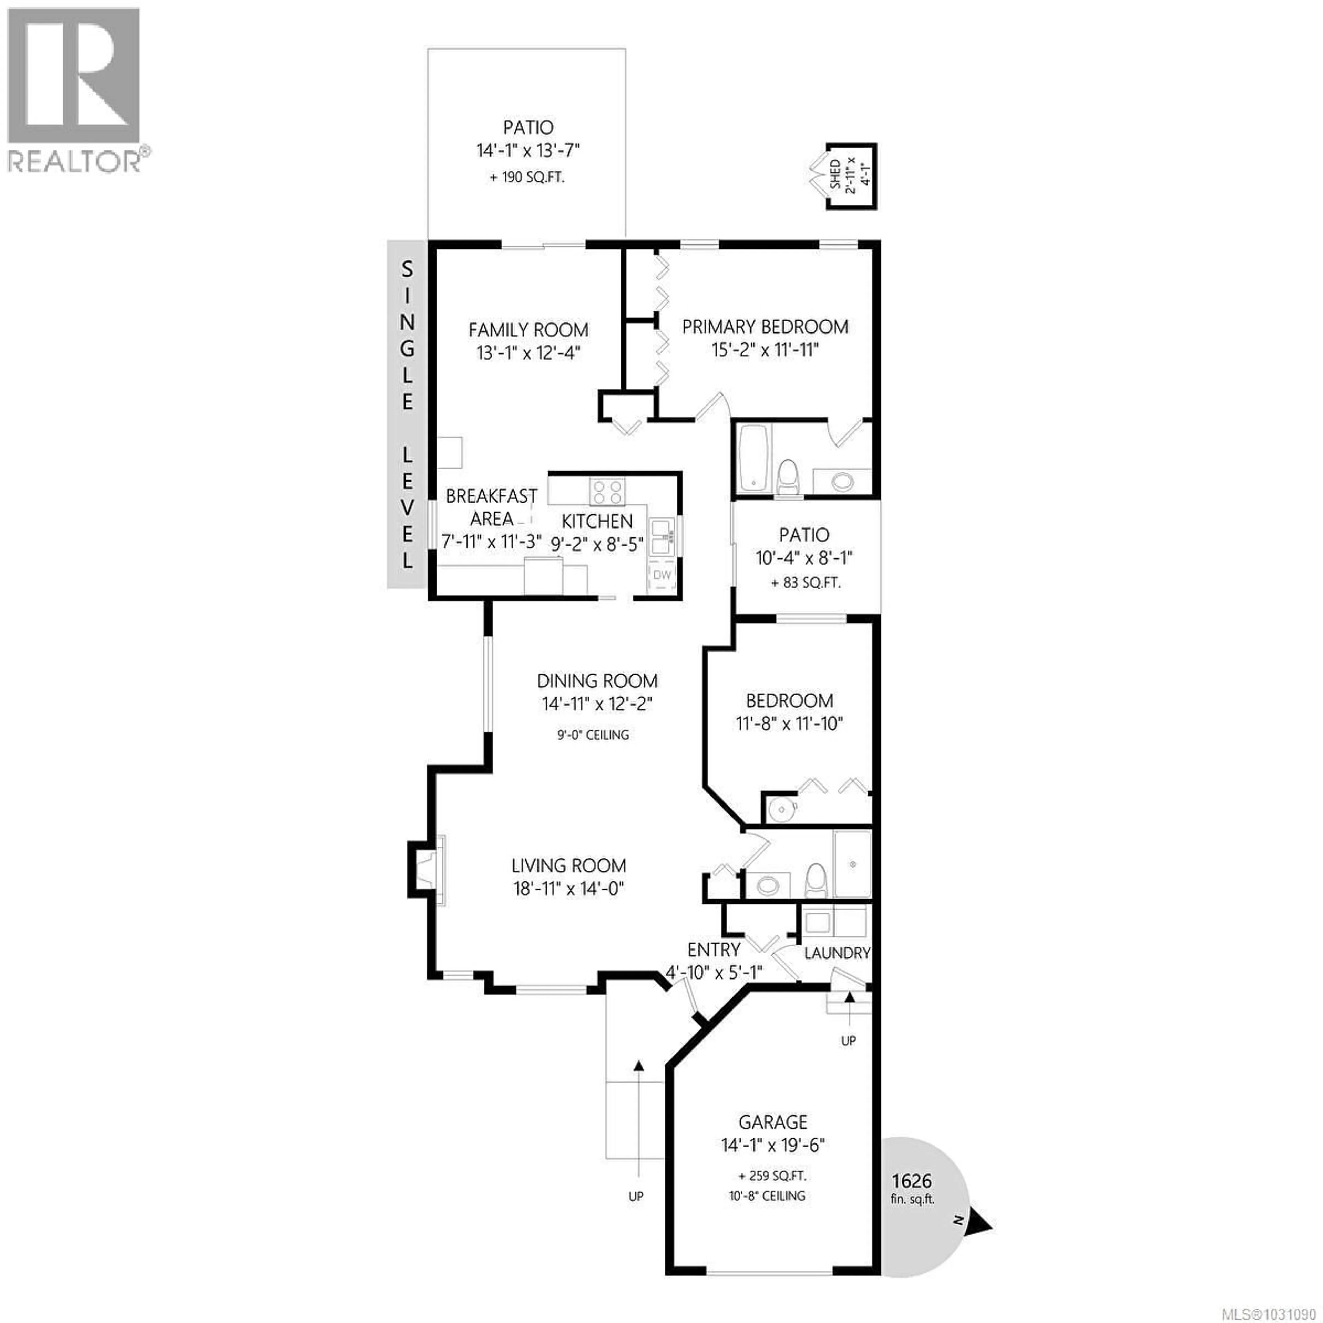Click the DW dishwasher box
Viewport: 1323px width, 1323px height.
pyautogui.click(x=661, y=575)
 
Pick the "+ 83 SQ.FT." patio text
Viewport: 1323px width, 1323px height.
pyautogui.click(x=805, y=583)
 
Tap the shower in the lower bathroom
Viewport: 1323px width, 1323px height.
pyautogui.click(x=852, y=864)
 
